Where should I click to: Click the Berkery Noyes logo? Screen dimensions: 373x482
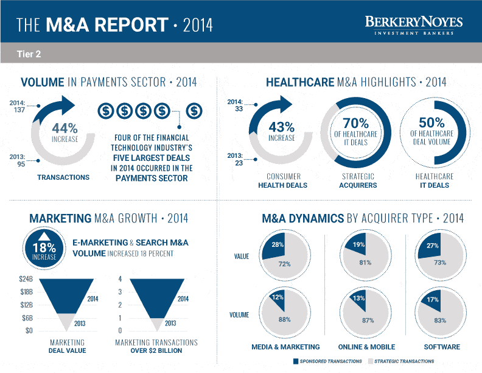point(413,24)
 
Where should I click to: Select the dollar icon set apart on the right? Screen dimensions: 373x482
point(194,111)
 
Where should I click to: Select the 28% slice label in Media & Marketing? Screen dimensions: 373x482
point(278,244)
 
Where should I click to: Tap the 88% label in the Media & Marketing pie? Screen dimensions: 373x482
point(284,319)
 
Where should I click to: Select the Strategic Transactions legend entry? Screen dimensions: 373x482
point(400,361)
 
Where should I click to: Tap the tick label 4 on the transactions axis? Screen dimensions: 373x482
point(120,279)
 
